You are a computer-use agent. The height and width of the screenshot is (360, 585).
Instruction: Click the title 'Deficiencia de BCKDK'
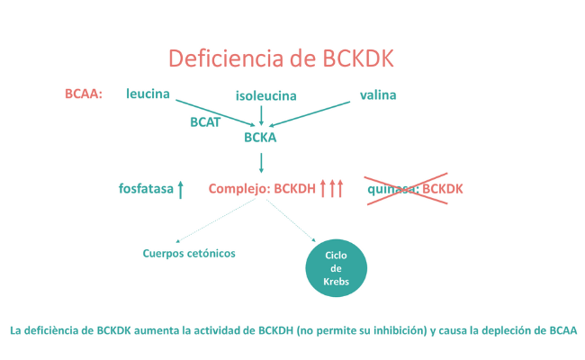(281, 58)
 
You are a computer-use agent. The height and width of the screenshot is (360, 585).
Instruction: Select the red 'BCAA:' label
(85, 94)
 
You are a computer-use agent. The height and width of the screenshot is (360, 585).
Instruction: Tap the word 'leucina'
(148, 93)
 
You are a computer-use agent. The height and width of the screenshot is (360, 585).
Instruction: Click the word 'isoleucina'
(265, 95)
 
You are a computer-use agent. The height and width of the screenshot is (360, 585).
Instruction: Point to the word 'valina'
(378, 94)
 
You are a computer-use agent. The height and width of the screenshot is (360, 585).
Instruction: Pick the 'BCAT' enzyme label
(205, 121)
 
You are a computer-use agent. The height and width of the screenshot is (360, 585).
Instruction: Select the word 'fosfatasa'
(146, 189)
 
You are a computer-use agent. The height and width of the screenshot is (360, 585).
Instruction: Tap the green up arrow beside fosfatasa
(181, 189)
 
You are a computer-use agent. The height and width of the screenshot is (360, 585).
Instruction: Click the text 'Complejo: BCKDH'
(263, 189)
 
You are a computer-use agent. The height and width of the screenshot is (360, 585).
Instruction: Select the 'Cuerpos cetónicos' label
(189, 253)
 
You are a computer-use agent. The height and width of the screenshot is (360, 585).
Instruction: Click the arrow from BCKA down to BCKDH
(261, 162)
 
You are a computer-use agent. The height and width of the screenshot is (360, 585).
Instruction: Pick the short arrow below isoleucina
(261, 114)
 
